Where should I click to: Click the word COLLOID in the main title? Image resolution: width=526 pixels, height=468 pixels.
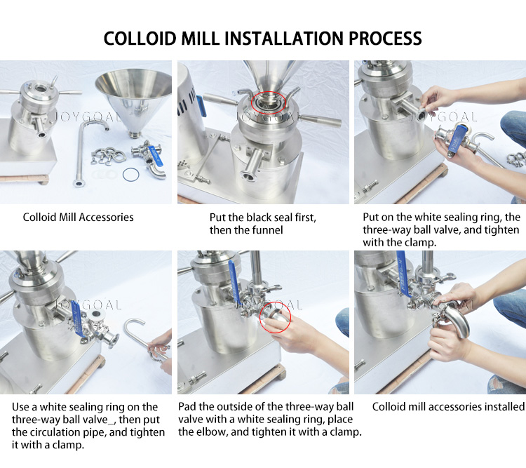point(140,39)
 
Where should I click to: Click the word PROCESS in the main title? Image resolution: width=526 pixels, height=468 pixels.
point(385,39)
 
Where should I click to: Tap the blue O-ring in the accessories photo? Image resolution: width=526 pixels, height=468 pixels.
point(131,175)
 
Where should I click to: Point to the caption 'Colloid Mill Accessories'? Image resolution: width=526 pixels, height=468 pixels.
point(78,218)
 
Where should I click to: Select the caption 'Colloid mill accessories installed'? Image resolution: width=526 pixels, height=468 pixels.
point(449,406)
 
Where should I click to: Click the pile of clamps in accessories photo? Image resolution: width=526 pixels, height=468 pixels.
point(108,156)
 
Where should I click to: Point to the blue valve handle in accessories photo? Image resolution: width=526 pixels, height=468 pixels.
point(156,156)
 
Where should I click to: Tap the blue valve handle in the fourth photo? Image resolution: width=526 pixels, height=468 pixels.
point(77,322)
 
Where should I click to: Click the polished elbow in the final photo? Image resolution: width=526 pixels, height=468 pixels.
point(453,322)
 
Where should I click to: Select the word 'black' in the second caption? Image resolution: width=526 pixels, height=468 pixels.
point(259,218)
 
